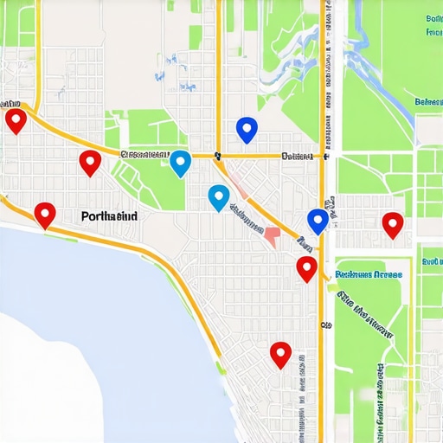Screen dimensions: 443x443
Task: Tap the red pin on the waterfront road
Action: coord(44,214)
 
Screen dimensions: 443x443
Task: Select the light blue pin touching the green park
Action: coord(180,162)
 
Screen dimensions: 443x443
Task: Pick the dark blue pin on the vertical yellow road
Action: coord(318,221)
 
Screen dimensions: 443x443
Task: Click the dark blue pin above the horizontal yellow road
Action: coord(247,130)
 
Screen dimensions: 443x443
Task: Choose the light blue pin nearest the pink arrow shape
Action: coord(219,197)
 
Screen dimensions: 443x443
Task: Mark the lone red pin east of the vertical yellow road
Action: coord(393,224)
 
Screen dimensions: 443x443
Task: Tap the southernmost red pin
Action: coord(280,354)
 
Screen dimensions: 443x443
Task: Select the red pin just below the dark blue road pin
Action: coord(306,268)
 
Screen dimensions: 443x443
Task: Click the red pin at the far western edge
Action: coord(15,120)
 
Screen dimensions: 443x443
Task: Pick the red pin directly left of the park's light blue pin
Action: coord(90,162)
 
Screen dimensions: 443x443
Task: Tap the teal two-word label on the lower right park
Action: coord(369,274)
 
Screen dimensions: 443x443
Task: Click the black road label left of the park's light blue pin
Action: coord(144,154)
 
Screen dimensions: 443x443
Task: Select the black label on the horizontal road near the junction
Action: coord(297,157)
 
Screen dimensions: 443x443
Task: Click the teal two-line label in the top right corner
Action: coord(433,25)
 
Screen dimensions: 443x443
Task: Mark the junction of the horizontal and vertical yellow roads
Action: coord(324,157)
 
